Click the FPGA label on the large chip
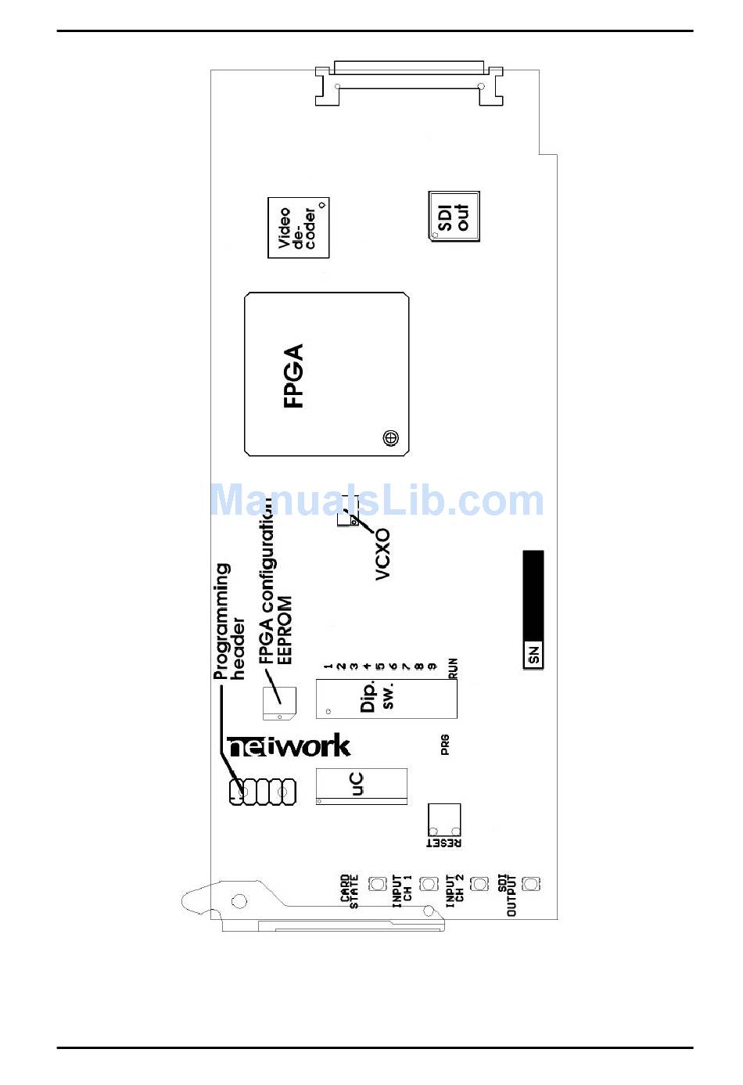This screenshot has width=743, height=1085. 293,375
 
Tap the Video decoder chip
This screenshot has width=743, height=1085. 298,228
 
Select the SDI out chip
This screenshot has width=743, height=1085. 454,216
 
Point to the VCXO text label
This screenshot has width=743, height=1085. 382,554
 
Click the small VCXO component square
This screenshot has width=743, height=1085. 346,518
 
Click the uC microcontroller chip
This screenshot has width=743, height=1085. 361,785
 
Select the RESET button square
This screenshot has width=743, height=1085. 443,821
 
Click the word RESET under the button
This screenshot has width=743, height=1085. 443,843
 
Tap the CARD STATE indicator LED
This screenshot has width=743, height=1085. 378,884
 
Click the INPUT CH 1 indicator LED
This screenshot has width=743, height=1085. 429,884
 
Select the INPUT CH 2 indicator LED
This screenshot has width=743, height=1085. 479,884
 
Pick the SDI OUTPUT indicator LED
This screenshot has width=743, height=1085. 531,884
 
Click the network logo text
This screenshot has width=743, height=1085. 289,747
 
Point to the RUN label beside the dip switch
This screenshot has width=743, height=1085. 453,668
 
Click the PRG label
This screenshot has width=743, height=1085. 445,745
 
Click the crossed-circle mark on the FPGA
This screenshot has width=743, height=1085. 390,438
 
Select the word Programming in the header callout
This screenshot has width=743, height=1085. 222,621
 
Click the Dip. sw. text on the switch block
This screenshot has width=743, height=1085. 377,695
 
